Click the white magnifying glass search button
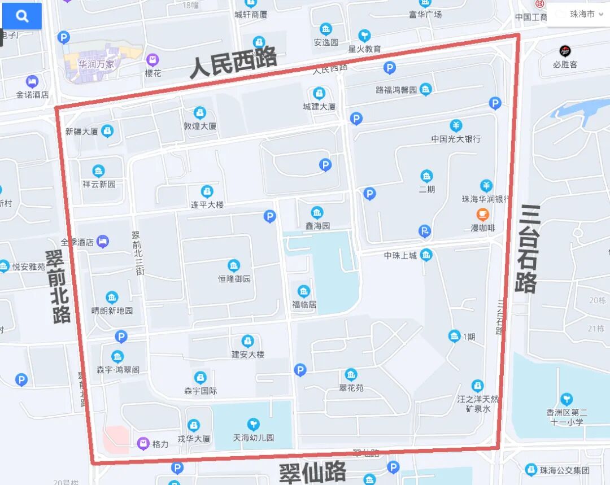22,16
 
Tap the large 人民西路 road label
233,62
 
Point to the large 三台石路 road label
526,248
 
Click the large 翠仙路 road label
312,472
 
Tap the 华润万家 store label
96,64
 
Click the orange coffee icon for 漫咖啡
482,215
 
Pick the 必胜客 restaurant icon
565,51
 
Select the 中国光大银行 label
456,138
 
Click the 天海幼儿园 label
254,438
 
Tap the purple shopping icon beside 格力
143,444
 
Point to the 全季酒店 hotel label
77,242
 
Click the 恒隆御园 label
234,279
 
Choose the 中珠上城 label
400,256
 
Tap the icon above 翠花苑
351,375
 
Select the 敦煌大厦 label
200,126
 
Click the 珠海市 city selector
582,15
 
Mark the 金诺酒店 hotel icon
32,82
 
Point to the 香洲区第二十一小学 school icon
566,399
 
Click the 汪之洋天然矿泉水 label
478,404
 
